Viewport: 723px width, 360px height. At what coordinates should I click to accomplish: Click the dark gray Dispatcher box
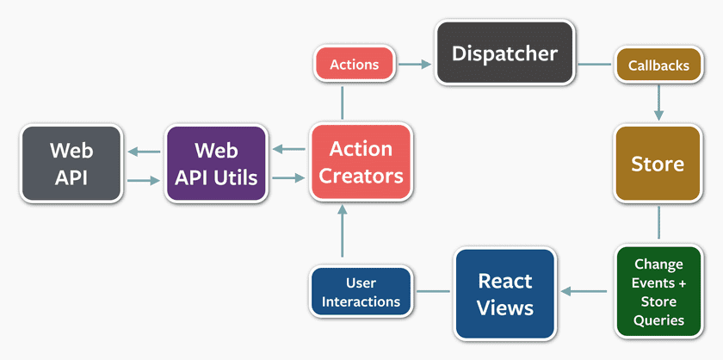[504, 53]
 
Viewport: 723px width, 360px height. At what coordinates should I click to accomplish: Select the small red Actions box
[354, 65]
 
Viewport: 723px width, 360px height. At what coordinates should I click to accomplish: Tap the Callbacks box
[658, 65]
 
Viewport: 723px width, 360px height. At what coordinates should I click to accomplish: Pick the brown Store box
[658, 164]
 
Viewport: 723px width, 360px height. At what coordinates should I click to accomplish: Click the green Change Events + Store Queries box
[658, 292]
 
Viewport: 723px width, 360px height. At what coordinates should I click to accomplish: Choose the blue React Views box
[504, 293]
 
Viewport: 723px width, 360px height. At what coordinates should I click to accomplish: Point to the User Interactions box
[361, 292]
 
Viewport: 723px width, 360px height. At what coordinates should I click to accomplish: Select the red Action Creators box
[361, 163]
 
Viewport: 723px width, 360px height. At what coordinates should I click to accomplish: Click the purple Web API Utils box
[215, 163]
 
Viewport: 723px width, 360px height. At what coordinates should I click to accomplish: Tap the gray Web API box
[71, 163]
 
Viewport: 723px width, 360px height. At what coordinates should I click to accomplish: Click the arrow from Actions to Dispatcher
[415, 65]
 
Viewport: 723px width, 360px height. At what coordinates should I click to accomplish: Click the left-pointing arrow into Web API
[143, 153]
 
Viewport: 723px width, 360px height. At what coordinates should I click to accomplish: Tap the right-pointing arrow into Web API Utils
[143, 180]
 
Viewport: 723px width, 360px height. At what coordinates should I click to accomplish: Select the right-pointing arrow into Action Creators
[288, 177]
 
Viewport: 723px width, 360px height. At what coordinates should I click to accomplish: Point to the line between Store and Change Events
[658, 222]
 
